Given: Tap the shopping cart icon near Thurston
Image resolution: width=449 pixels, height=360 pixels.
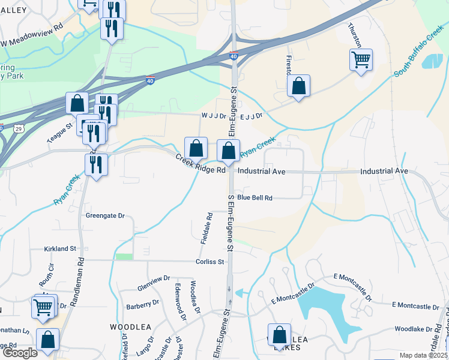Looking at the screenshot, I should click(x=361, y=60).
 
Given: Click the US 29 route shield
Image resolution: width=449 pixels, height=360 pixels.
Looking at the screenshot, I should click(x=19, y=128).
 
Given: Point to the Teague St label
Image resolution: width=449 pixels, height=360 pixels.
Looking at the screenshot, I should click(x=60, y=133).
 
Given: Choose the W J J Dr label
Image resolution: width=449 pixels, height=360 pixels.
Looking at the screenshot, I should click(x=212, y=116).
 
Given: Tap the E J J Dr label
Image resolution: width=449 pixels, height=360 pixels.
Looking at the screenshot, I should click(x=252, y=116).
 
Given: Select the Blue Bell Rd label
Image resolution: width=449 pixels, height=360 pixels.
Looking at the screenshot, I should click(x=255, y=197).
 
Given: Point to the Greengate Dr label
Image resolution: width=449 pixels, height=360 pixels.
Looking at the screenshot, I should click(x=105, y=215).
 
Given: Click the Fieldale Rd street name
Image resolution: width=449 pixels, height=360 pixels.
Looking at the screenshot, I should click(x=205, y=227).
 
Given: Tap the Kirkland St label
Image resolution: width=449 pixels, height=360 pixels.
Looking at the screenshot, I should click(x=60, y=248).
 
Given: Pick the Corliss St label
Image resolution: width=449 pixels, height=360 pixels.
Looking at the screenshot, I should click(x=209, y=262).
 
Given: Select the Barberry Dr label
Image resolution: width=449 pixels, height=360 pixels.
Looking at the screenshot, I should click(x=142, y=305).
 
